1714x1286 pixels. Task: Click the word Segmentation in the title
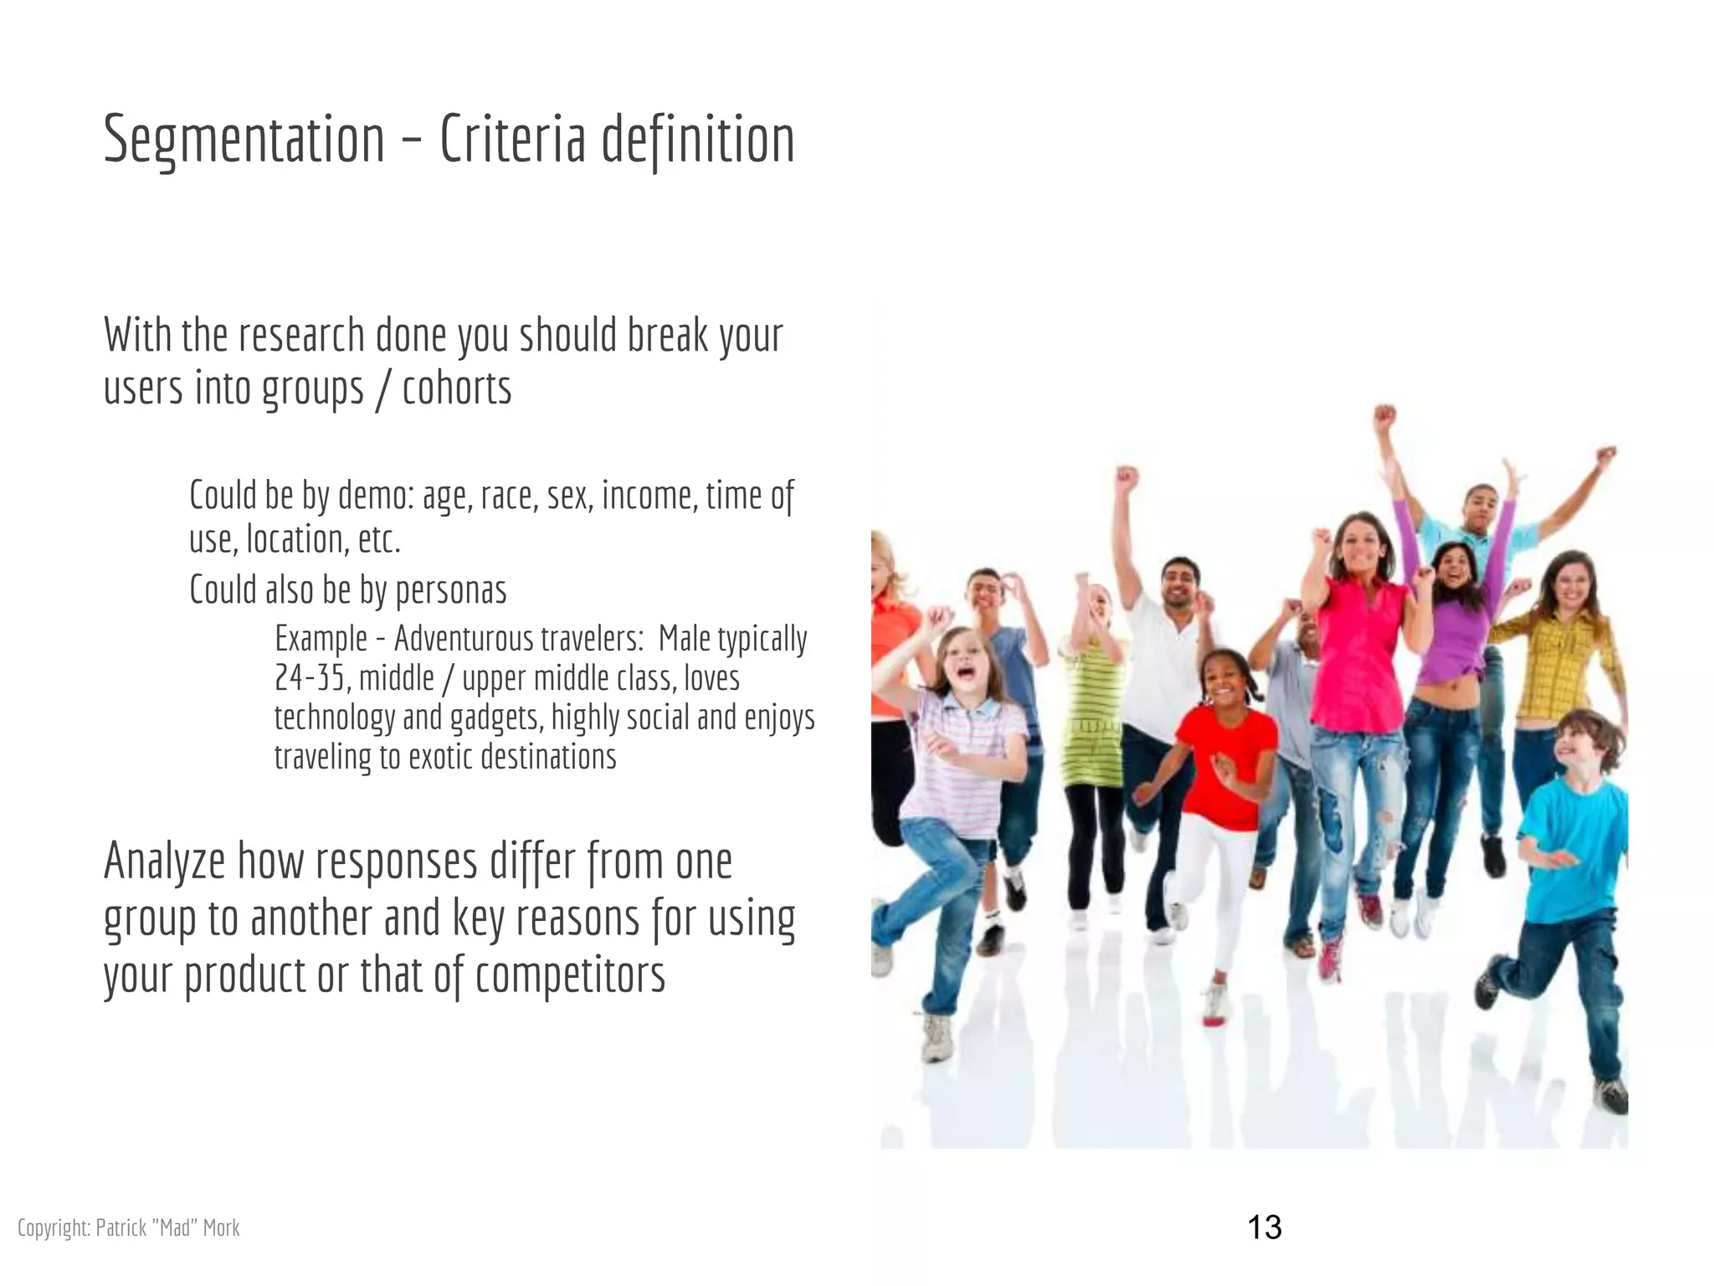tap(244, 140)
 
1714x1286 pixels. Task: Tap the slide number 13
tap(1264, 1227)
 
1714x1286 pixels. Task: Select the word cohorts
tap(456, 388)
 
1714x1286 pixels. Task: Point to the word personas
tap(450, 590)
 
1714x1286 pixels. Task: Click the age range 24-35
tap(310, 678)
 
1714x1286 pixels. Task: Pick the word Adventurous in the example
tap(464, 639)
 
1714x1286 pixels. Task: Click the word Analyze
tap(164, 862)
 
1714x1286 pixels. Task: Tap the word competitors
tap(570, 975)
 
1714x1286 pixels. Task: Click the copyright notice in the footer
tap(128, 1228)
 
